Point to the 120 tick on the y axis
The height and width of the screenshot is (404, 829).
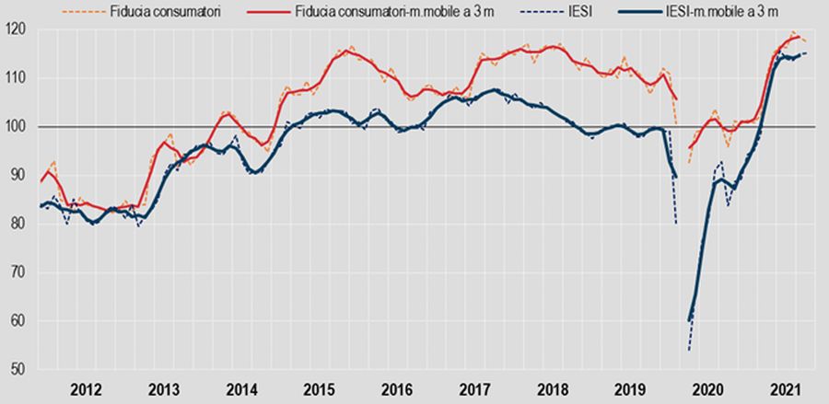(x=19, y=29)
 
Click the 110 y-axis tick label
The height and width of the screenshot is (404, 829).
(x=19, y=78)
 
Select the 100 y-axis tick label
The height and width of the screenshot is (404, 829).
(x=19, y=127)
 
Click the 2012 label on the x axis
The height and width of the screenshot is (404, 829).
(x=85, y=388)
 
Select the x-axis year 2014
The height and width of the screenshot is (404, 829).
(x=241, y=388)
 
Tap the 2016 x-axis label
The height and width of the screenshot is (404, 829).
(x=398, y=388)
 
